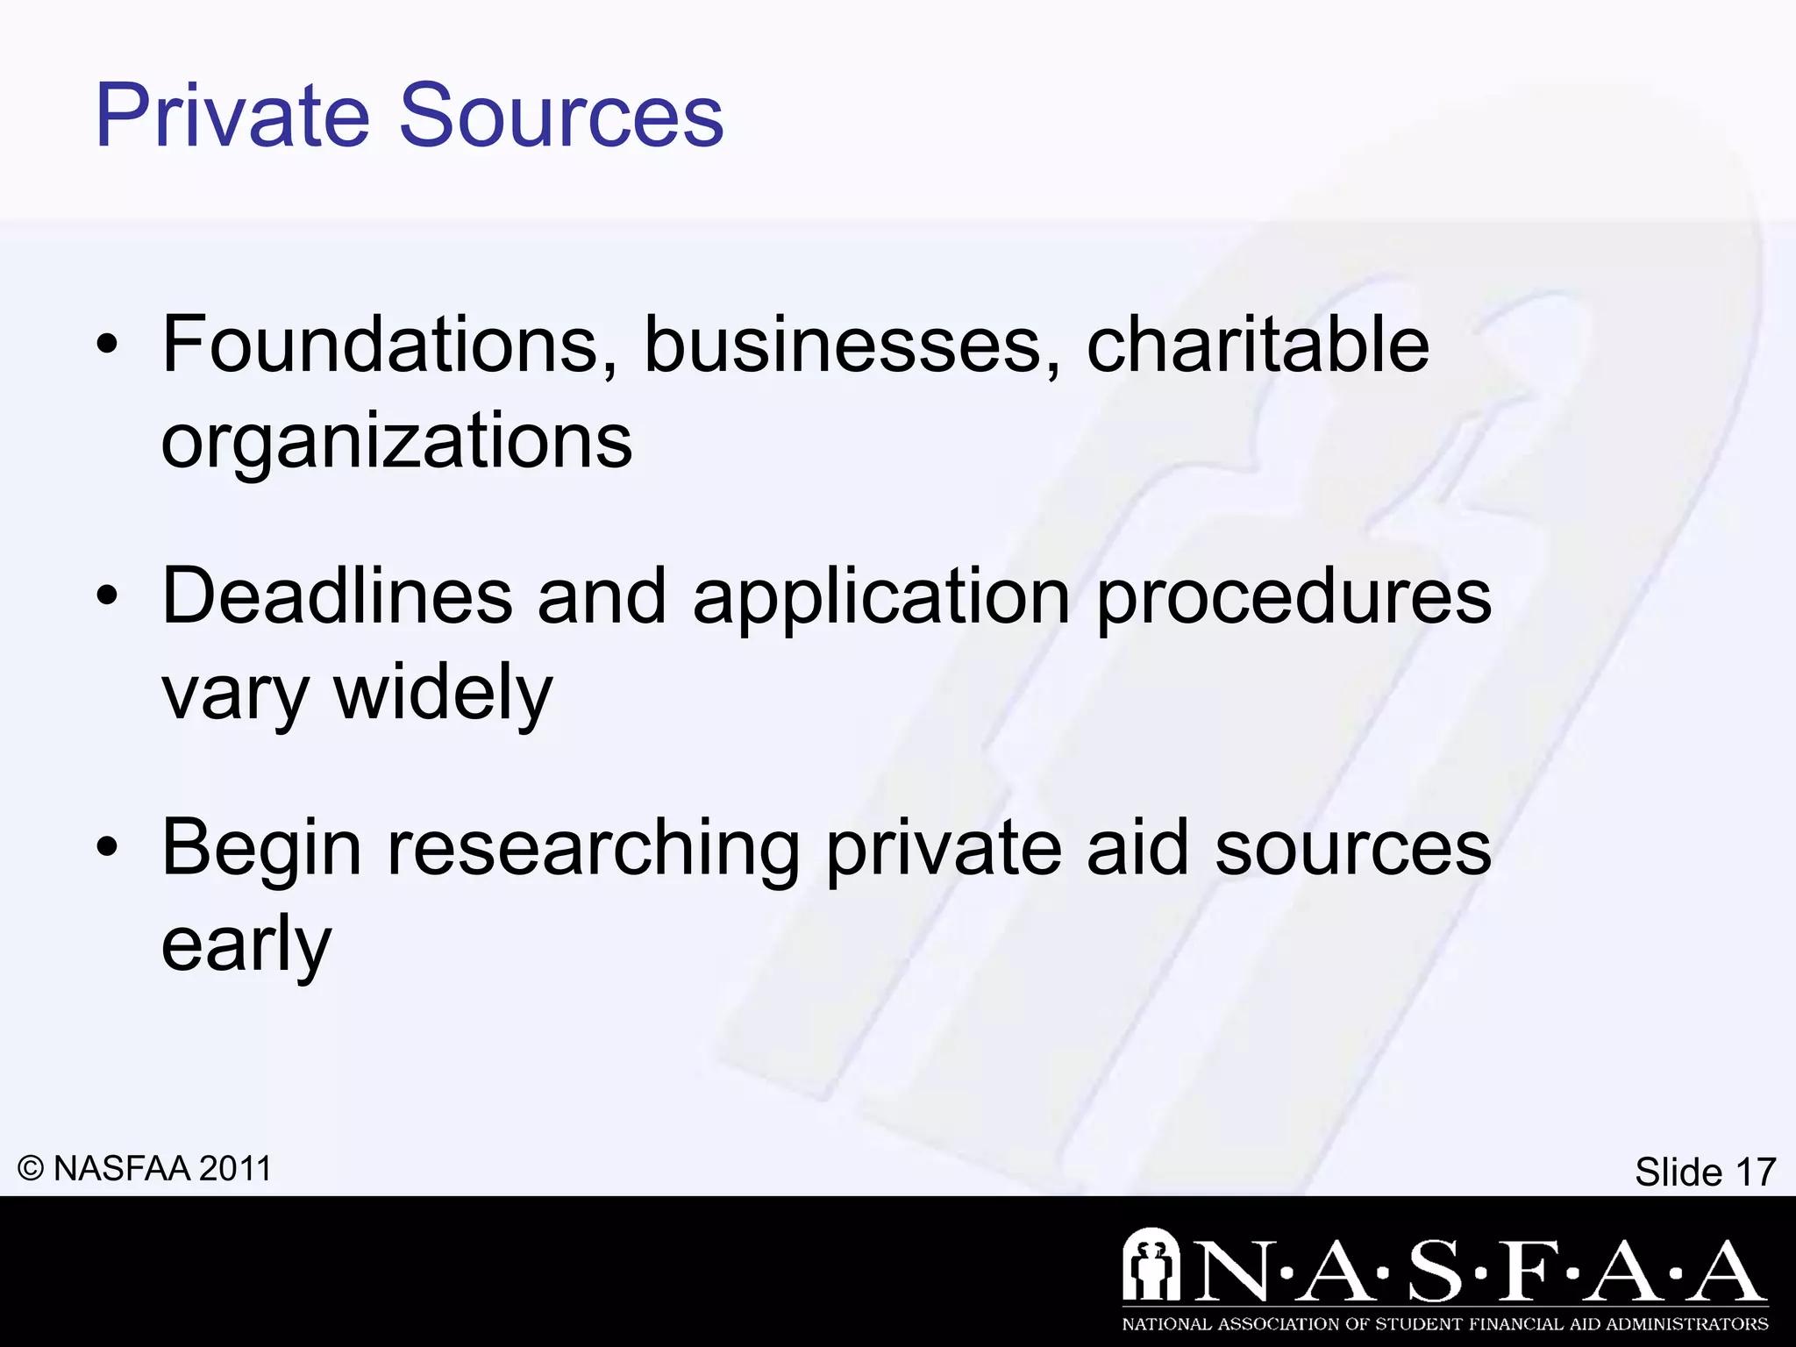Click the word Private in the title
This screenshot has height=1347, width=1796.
(233, 116)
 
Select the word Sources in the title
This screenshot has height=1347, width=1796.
(562, 116)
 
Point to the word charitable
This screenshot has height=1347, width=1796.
(1258, 345)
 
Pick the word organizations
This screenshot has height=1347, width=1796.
(396, 441)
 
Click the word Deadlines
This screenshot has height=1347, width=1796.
(338, 596)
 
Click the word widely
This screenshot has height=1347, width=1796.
(444, 693)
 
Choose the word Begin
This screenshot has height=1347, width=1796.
(261, 849)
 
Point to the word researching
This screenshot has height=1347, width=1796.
(594, 849)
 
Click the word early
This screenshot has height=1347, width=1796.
(246, 945)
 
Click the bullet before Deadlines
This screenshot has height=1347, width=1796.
(107, 597)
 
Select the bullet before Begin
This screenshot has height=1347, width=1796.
(107, 848)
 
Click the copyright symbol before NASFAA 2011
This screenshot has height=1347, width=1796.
(31, 1169)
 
